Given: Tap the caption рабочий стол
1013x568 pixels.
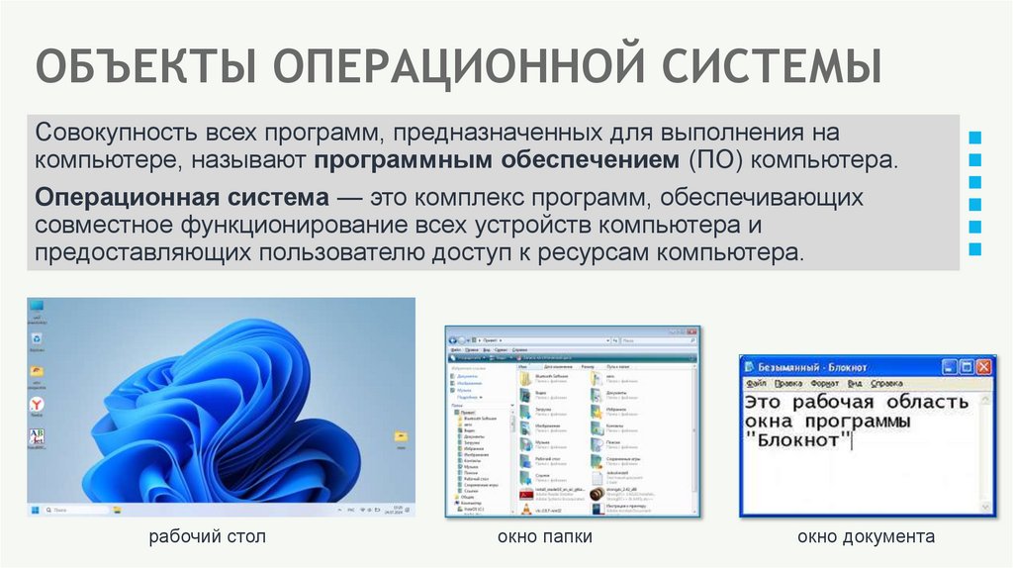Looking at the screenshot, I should [x=208, y=537].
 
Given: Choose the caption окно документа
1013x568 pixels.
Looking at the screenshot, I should [x=867, y=537].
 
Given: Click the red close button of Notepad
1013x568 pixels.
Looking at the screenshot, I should [x=982, y=365].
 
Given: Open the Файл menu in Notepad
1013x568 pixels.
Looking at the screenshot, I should [x=757, y=382].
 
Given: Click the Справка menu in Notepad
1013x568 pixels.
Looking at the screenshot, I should [x=887, y=382].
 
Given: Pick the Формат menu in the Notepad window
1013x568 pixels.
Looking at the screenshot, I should [x=824, y=382].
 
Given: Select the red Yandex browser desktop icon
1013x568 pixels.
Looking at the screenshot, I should [x=37, y=405].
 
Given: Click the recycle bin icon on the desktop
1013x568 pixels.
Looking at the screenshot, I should [x=37, y=339].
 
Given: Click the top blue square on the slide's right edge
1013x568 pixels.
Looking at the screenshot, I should [x=977, y=136].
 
